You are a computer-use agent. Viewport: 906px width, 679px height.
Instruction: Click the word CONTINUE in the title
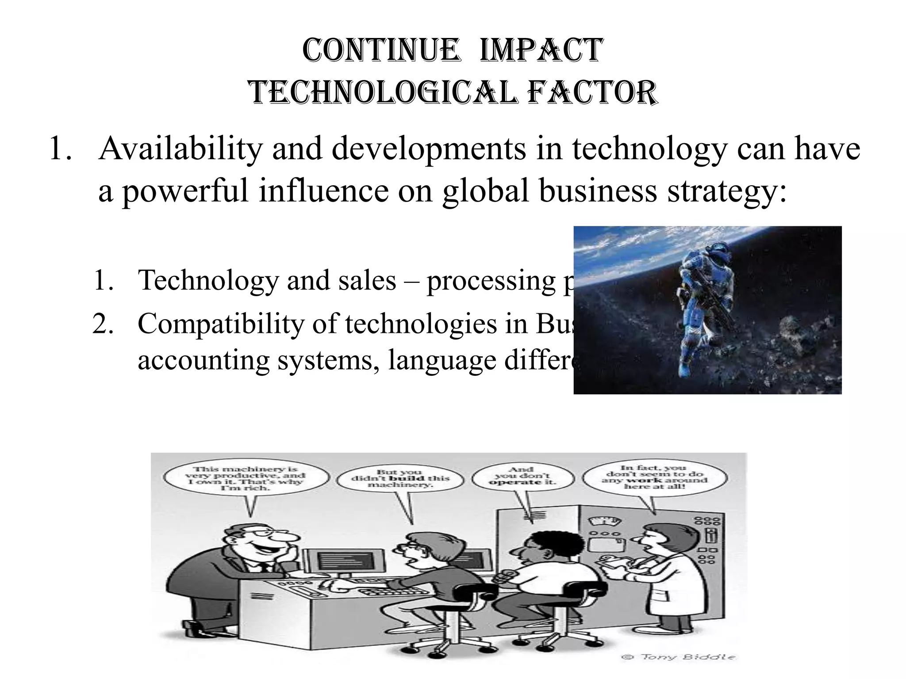tap(380, 51)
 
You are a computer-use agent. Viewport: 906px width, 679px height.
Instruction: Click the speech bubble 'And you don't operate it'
tap(521, 477)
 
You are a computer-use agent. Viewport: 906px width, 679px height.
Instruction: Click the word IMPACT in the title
tap(540, 51)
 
